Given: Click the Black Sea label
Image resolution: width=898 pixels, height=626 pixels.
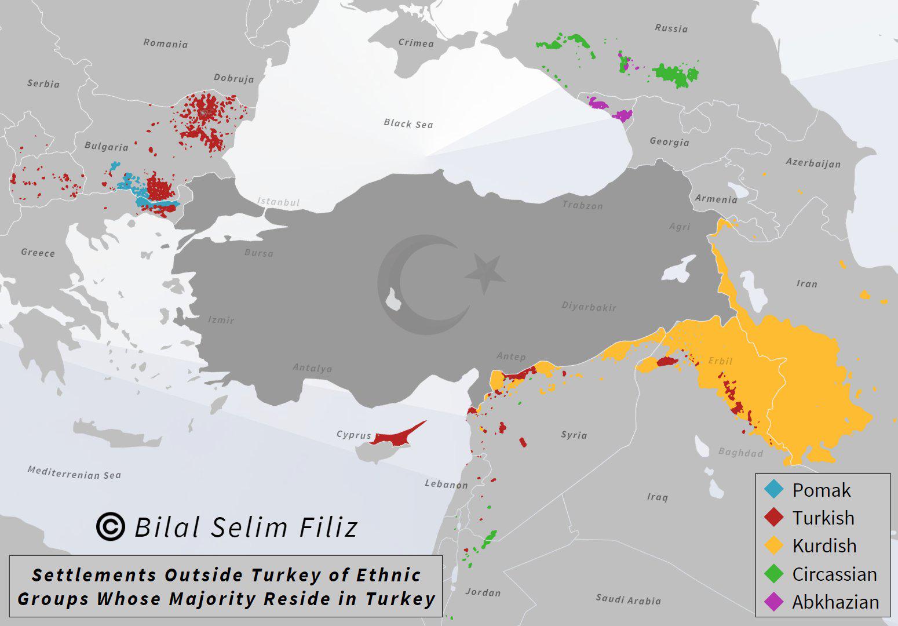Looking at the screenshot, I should (408, 123).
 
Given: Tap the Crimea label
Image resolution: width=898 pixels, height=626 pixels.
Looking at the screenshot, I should (415, 43).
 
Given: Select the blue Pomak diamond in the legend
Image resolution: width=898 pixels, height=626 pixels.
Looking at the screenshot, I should (774, 490).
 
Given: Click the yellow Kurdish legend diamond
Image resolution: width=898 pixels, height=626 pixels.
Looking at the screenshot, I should (774, 545).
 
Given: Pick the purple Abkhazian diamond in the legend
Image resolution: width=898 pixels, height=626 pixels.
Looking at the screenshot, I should (774, 602).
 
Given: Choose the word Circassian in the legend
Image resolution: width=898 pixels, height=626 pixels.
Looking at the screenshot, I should (834, 574).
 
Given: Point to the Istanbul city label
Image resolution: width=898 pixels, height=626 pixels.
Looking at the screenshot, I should (279, 202).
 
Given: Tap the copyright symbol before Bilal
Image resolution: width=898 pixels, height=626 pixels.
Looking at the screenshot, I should (110, 526).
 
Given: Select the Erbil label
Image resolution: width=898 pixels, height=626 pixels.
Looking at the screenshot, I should (720, 361).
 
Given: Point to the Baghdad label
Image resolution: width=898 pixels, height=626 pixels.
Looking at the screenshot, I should (740, 453).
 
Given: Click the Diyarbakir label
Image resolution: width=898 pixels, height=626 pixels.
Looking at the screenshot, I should (589, 307).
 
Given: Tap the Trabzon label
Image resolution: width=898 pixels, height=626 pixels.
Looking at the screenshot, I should (582, 205).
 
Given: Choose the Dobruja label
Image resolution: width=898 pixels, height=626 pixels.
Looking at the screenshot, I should (233, 78).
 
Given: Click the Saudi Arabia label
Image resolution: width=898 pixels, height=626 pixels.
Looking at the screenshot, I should (628, 599).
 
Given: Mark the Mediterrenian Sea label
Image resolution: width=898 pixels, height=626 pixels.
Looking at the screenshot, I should (74, 472).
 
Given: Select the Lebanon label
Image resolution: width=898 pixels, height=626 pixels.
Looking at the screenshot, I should (446, 484).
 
